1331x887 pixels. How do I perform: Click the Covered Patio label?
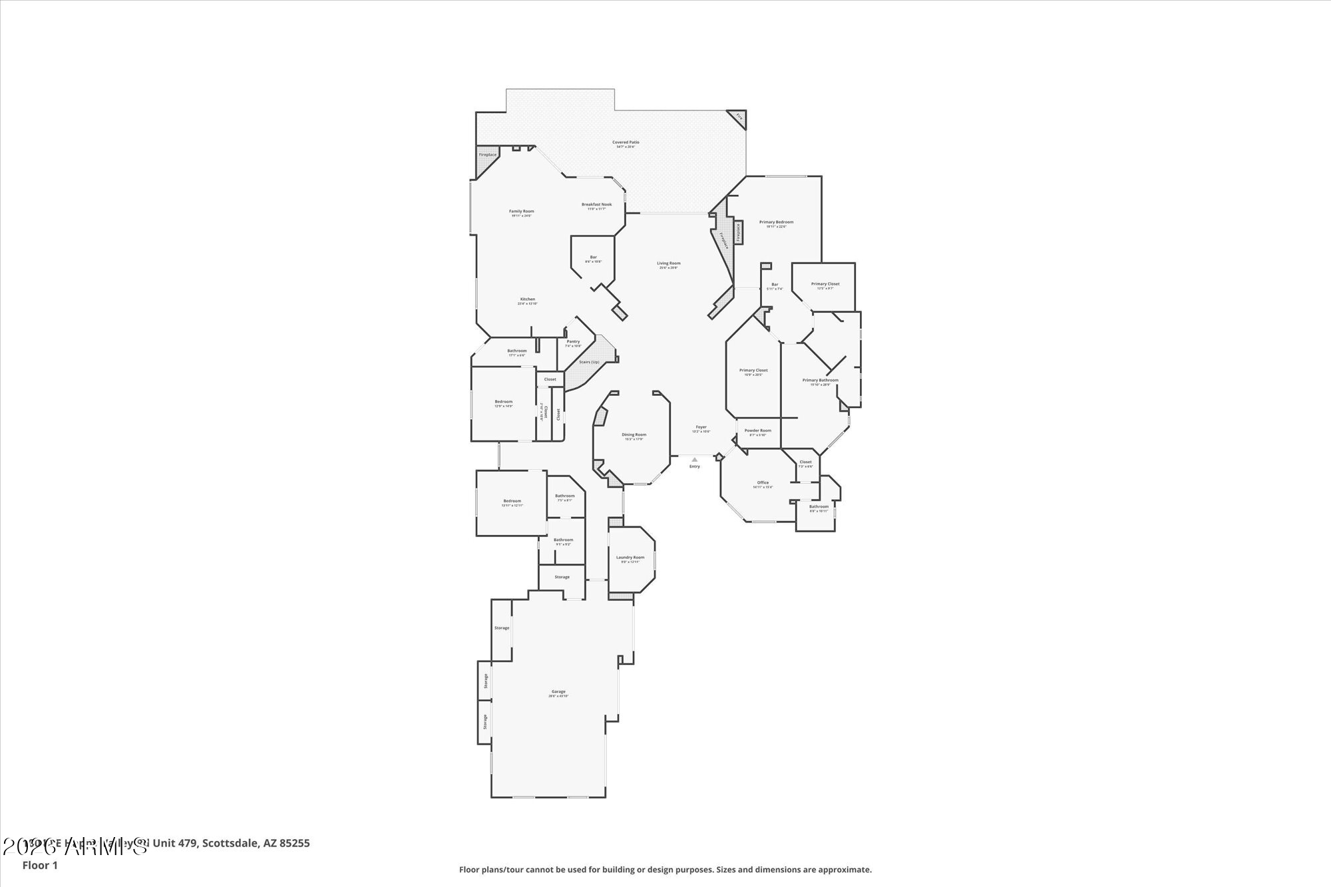626,142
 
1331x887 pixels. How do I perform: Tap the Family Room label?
522,212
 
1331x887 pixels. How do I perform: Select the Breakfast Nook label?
596,205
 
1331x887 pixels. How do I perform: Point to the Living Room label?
669,264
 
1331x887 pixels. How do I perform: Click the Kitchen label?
528,299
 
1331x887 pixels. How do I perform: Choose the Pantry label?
573,342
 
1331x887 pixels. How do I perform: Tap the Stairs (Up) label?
589,362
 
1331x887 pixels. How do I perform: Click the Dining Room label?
634,435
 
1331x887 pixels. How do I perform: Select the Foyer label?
701,427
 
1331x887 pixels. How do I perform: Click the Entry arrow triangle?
694,459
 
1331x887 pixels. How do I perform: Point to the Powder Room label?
757,431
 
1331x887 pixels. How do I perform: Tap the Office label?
763,483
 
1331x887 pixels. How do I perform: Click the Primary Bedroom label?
776,222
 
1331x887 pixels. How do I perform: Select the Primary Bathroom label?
820,381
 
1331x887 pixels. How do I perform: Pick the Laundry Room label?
630,558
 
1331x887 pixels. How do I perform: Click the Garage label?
558,692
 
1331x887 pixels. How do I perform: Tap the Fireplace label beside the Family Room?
488,155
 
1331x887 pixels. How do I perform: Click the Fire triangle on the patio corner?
739,117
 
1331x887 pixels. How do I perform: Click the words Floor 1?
40,866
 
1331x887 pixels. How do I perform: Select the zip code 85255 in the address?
295,844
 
